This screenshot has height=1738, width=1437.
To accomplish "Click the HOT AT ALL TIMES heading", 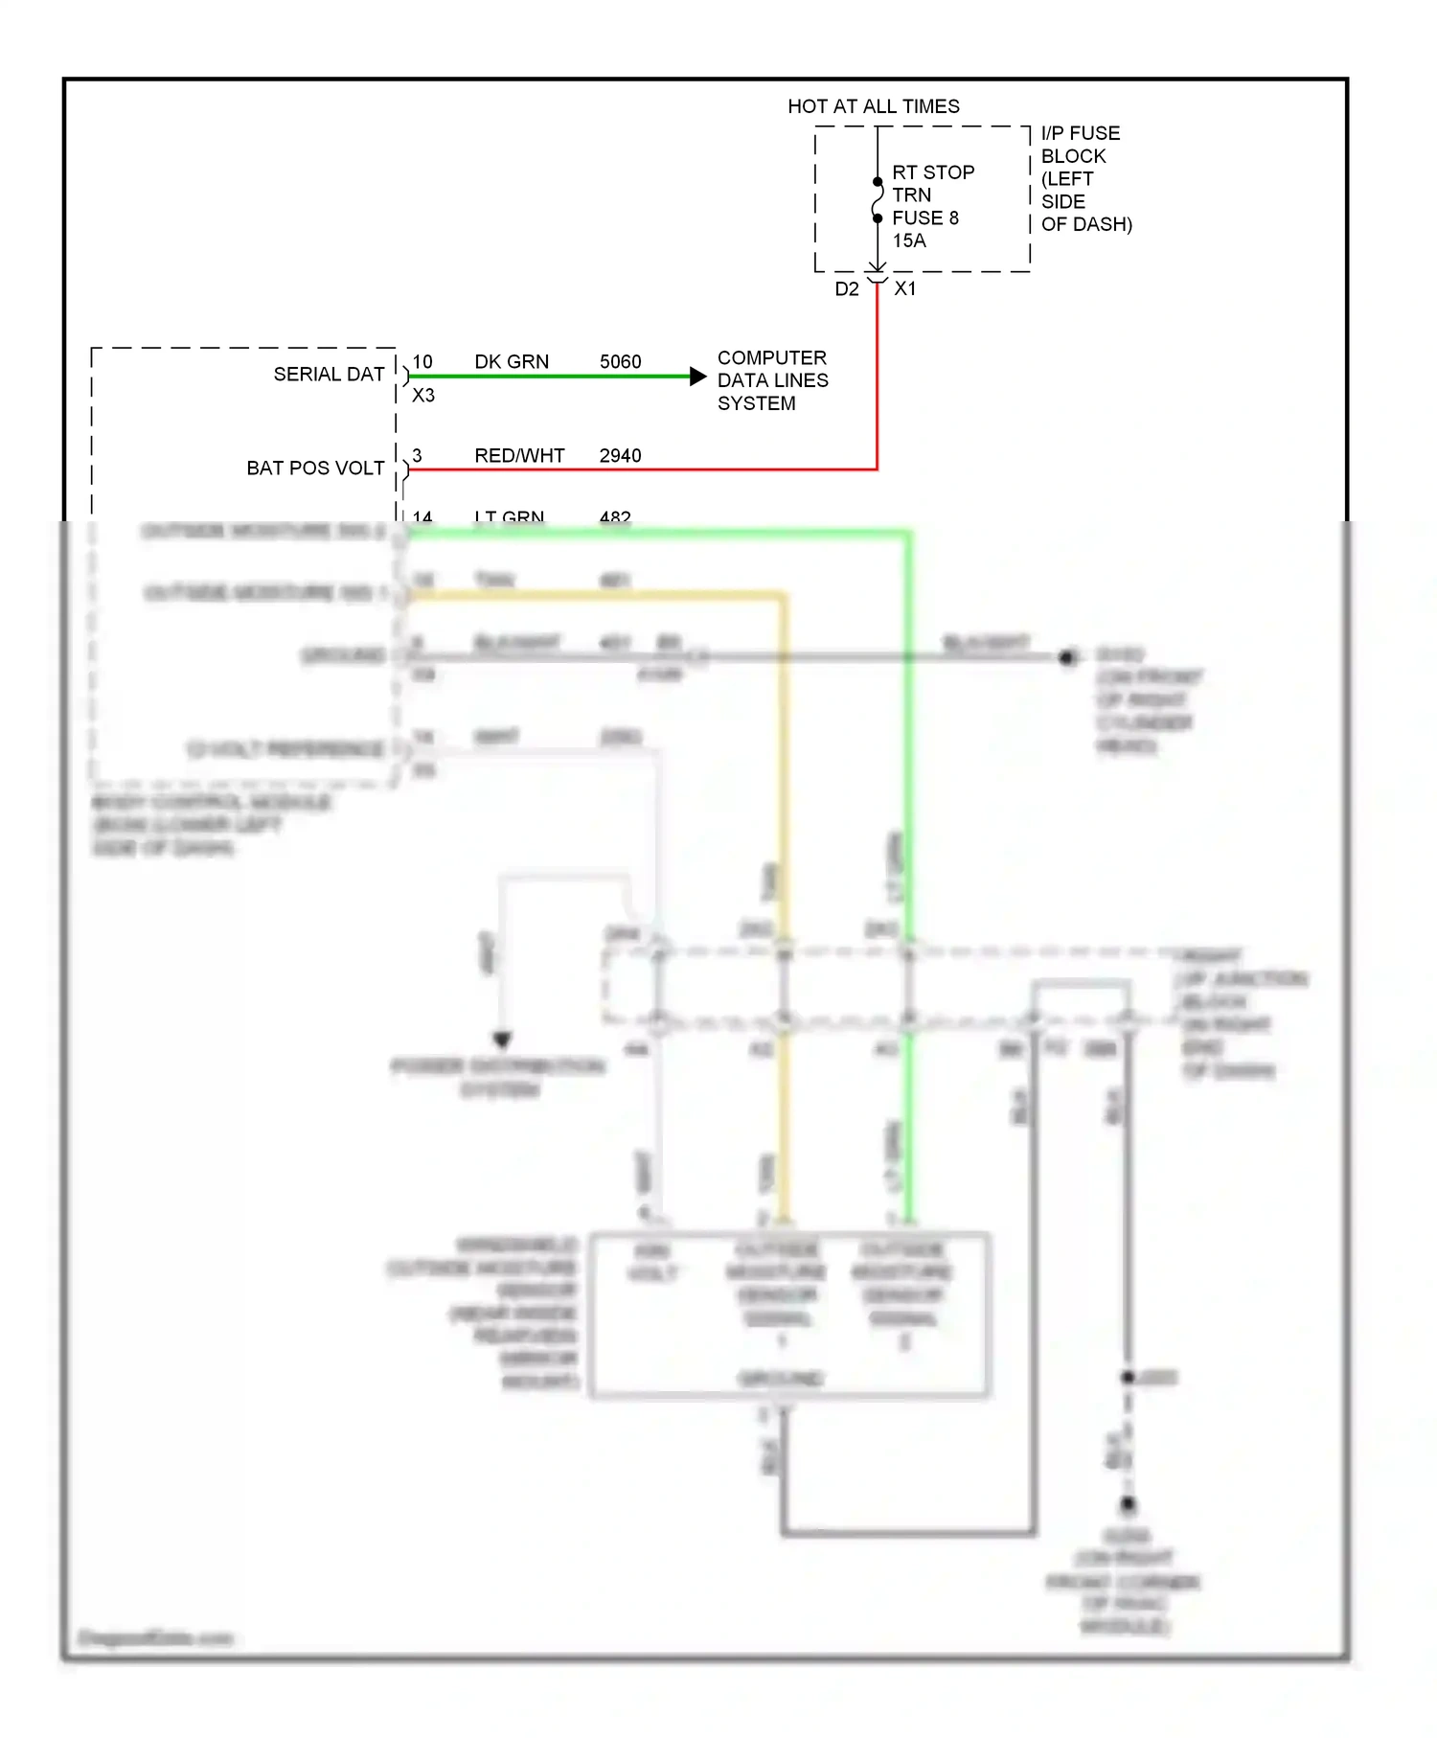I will click(873, 106).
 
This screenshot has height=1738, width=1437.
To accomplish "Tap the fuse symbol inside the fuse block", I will click(877, 200).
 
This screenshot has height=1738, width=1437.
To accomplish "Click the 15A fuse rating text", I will click(909, 241).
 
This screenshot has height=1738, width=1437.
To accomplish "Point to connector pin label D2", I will click(846, 289).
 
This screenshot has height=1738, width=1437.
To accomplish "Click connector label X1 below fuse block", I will click(905, 288).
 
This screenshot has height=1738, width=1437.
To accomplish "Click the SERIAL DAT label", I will click(329, 375).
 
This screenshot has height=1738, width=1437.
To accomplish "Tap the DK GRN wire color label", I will click(512, 362).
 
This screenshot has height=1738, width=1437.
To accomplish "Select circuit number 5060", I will click(620, 362).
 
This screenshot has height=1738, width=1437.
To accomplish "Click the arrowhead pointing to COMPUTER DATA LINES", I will click(698, 377).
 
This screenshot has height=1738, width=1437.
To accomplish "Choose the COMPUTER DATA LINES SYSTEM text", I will click(772, 380).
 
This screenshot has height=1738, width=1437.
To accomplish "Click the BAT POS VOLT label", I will click(315, 469).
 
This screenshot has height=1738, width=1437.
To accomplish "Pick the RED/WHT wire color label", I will click(519, 456).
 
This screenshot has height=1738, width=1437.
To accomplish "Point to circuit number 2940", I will click(620, 456).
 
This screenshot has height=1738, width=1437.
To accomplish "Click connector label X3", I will click(422, 396).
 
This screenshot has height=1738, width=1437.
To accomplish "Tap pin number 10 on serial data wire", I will click(422, 362).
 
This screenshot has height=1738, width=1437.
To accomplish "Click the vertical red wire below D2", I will click(877, 383).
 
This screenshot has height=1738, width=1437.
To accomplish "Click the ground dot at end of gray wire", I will click(1066, 657).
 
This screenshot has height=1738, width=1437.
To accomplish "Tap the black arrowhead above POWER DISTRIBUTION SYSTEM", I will click(502, 1040).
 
